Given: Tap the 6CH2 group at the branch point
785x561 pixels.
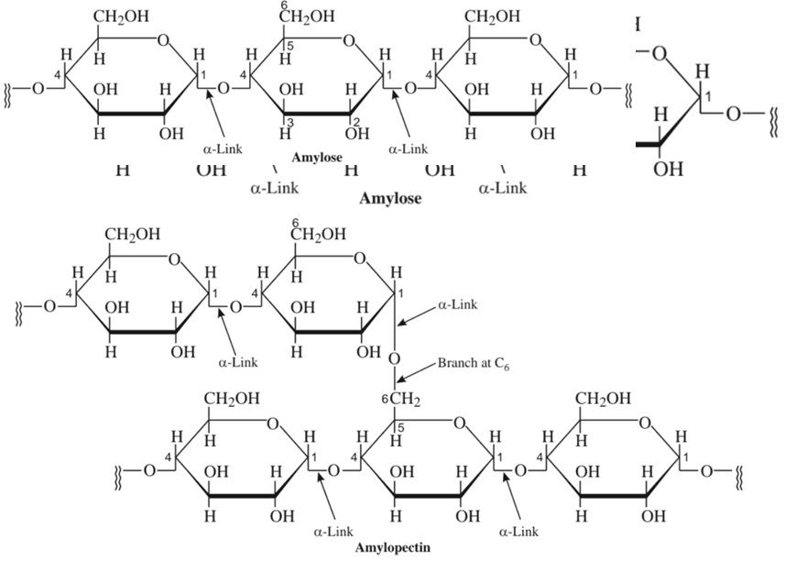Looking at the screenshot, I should point(401,399).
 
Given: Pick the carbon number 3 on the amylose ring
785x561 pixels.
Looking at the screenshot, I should point(289,124).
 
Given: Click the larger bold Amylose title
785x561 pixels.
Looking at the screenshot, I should point(391,198).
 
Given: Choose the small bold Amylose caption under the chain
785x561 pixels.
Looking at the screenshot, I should point(317,158).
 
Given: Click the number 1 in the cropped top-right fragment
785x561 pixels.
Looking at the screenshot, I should point(707,96).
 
